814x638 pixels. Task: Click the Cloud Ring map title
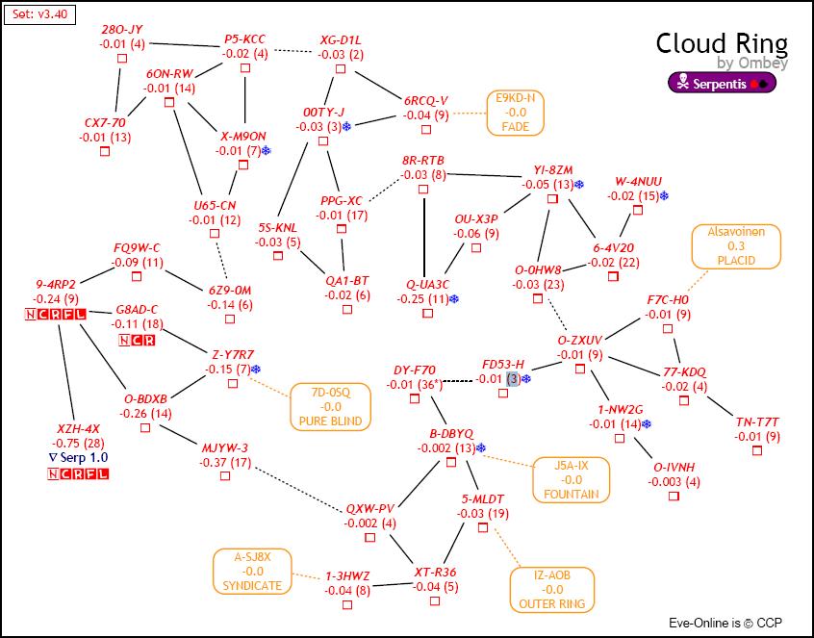pos(722,44)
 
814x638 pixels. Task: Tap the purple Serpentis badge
pos(723,83)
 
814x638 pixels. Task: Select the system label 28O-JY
pos(122,30)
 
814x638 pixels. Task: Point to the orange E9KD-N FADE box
pos(515,113)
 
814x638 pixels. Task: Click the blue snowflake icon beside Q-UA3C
pos(455,299)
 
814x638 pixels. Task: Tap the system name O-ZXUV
pos(580,340)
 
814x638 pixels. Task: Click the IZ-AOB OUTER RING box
pos(551,589)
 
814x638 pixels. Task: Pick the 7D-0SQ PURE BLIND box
pos(330,406)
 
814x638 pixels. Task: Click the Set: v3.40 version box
pos(39,16)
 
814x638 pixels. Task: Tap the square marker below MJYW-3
pos(225,478)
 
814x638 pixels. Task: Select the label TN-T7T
pos(757,421)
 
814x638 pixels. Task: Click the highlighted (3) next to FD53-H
pos(514,379)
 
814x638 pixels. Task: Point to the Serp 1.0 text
pos(79,457)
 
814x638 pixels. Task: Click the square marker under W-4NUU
pos(637,210)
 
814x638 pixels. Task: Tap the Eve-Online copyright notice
pos(726,623)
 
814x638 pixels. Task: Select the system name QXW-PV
pos(370,508)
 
